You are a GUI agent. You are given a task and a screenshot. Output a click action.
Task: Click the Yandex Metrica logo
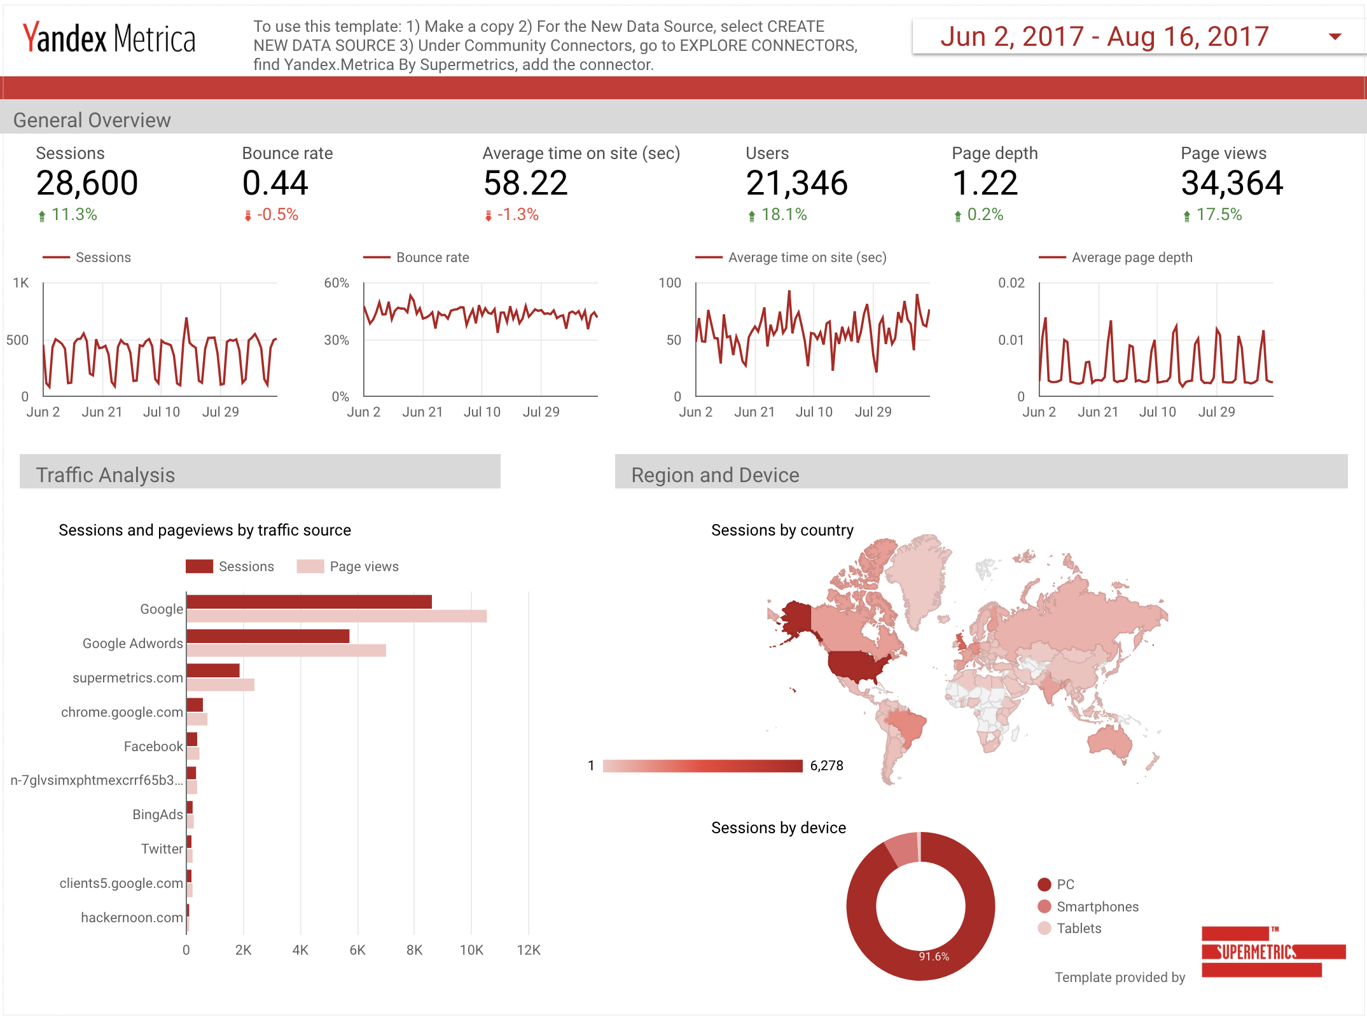tap(109, 38)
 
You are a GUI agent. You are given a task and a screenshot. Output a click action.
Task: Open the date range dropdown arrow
tap(1335, 37)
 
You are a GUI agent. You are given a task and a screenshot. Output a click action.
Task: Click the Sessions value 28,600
tap(87, 183)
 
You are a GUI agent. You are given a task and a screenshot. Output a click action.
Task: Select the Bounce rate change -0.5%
tap(277, 215)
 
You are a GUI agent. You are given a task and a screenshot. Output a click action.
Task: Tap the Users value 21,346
tap(796, 183)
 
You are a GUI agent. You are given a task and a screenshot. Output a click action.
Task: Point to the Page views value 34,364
tap(1232, 183)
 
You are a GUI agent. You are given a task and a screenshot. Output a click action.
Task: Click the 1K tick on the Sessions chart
tap(21, 283)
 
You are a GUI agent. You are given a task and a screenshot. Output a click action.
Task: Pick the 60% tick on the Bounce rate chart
tap(337, 283)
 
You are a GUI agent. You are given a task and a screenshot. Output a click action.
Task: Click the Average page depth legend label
tap(1132, 258)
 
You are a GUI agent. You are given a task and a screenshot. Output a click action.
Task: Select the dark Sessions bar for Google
tap(309, 602)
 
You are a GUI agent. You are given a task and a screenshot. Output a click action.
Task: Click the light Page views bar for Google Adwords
tap(286, 650)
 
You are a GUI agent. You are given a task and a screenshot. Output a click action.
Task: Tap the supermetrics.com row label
tap(128, 678)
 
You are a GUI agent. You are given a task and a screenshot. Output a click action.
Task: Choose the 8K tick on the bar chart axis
tap(414, 950)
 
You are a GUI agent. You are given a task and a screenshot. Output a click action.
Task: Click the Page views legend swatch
tap(310, 567)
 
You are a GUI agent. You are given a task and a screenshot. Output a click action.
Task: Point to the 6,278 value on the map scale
tap(826, 766)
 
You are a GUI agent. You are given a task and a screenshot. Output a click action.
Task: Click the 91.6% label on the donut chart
tap(934, 957)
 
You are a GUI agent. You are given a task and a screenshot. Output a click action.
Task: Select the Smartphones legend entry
tap(1097, 907)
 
